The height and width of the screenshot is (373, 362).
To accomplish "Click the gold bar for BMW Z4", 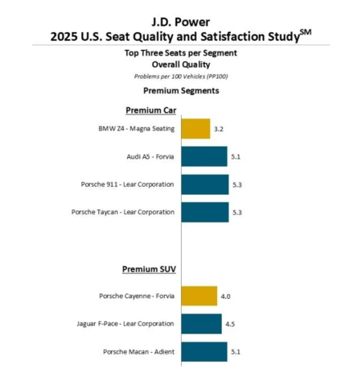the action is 195,129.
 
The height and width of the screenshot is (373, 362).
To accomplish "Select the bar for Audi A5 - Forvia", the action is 204,156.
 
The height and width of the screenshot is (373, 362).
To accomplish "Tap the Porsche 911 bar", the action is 205,184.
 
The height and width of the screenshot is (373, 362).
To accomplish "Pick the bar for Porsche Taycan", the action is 205,213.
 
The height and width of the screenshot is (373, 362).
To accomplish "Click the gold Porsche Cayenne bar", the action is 200,296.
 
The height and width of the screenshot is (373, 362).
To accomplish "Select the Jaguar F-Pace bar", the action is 202,324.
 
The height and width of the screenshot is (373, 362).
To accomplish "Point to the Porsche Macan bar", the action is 204,352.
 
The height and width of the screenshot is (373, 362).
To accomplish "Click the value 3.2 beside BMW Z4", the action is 219,129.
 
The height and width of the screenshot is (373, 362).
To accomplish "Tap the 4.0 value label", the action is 225,296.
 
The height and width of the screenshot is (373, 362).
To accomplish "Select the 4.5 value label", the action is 230,324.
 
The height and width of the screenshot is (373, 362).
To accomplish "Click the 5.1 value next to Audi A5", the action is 236,157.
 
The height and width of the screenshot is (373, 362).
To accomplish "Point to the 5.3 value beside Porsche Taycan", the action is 237,213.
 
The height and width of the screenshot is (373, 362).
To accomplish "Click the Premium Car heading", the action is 151,110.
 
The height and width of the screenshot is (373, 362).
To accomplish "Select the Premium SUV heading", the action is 149,269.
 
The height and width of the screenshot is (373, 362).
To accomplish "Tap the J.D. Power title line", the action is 181,22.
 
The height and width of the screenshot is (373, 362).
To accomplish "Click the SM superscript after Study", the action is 306,32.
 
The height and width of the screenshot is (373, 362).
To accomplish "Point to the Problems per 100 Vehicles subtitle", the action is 181,77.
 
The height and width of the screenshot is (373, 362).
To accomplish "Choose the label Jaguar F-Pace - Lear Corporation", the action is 125,324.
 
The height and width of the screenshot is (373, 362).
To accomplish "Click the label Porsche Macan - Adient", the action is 138,352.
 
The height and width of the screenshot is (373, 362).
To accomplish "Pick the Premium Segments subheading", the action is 181,91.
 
